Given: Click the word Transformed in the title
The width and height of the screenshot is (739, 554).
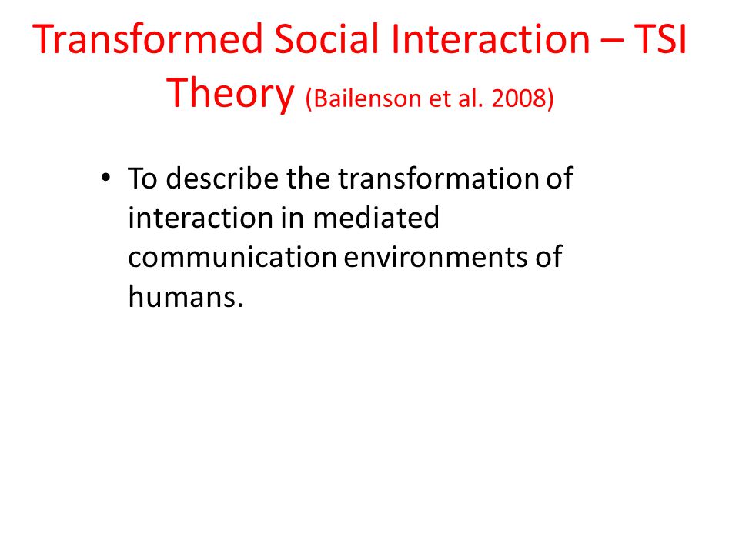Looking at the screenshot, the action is (148, 38).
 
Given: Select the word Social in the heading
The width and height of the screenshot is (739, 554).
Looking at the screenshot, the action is (326, 38).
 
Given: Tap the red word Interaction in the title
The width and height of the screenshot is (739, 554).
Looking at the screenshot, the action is (490, 38).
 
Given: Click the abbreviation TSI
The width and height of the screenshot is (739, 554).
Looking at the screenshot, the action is (660, 38).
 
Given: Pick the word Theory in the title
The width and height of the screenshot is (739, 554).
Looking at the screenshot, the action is (230, 94).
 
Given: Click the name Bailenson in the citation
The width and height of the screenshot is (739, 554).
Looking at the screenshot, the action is (366, 98).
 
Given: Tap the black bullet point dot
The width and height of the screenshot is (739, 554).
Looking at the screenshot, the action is (105, 178).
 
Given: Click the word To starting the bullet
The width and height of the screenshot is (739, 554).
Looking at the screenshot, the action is (142, 179).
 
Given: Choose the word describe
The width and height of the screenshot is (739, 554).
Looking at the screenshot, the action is (222, 179).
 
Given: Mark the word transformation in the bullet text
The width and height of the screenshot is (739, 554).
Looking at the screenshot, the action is (438, 179).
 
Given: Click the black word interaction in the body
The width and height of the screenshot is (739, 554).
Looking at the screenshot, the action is (200, 218).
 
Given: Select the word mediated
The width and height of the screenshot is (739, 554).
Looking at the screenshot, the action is (376, 218).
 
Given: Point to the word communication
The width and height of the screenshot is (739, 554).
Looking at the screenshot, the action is (232, 257).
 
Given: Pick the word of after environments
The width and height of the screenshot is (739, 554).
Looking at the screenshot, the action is (549, 257).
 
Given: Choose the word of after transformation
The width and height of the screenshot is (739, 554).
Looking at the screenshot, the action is (560, 179).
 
